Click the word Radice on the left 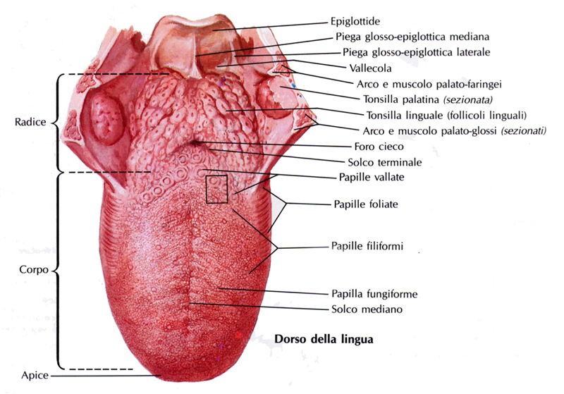[30, 122]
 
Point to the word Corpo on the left [30, 269]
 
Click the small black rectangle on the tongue [217, 189]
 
